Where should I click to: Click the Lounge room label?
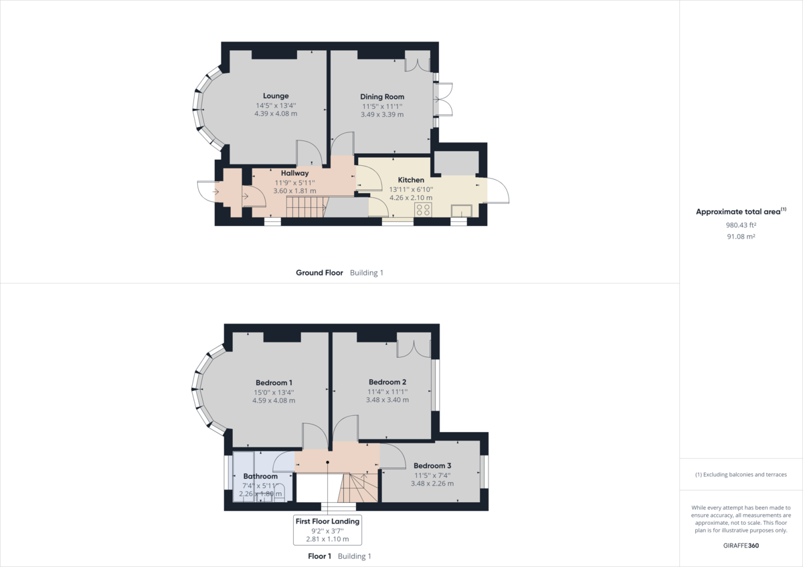276,96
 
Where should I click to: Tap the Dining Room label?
382,97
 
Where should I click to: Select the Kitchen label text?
411,181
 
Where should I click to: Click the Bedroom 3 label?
432,465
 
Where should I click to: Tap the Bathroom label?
260,477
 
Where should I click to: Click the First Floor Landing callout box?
327,530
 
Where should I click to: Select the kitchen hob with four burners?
423,210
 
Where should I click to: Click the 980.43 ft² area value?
741,225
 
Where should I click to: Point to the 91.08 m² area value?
741,236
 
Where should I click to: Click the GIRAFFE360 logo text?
741,545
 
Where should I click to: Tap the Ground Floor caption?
319,273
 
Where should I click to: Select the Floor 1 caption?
319,556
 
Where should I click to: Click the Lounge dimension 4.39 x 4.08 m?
276,114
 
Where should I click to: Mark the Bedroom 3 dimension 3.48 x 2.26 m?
432,483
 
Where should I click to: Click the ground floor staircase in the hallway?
305,209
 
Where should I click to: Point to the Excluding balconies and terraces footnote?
741,474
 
